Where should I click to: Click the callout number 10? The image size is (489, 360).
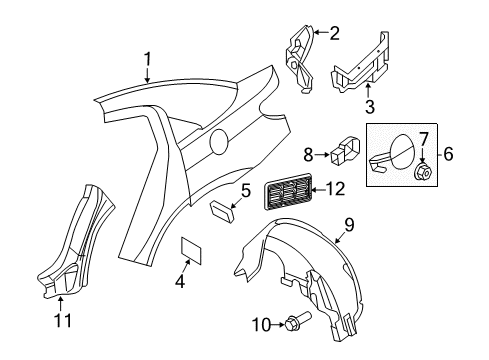coord(260,324)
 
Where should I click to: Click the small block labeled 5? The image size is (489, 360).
coord(222,208)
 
